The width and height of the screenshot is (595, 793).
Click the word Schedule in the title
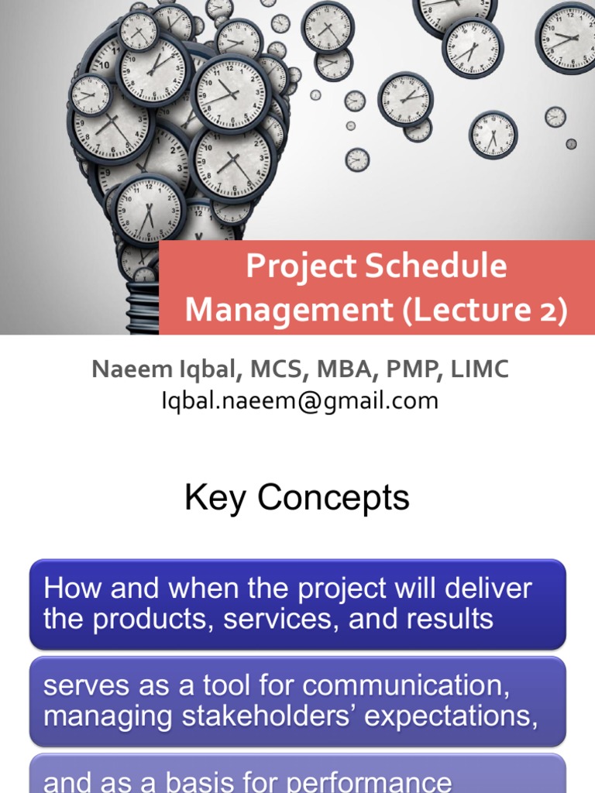pyautogui.click(x=436, y=267)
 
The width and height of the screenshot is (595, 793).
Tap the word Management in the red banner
pyautogui.click(x=288, y=311)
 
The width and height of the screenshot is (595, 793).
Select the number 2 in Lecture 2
pyautogui.click(x=549, y=311)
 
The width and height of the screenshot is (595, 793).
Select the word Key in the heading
pyautogui.click(x=216, y=498)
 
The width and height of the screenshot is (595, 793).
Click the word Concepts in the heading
pyautogui.click(x=333, y=498)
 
